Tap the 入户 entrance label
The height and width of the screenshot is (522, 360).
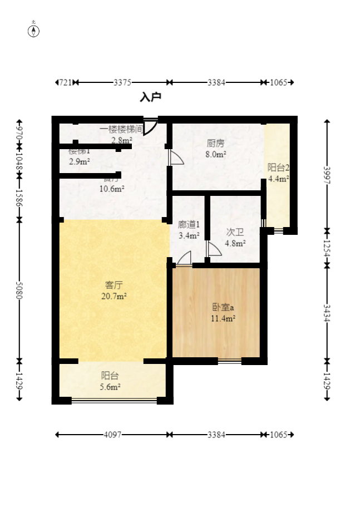click(x=150, y=97)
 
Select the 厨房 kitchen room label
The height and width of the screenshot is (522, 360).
click(x=215, y=143)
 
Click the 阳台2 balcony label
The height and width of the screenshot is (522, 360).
click(x=278, y=168)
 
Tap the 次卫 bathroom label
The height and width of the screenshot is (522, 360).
click(x=235, y=232)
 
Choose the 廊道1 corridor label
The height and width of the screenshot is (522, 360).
click(x=189, y=225)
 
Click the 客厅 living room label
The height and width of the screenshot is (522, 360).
click(x=114, y=285)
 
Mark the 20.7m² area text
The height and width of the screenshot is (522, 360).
click(x=114, y=297)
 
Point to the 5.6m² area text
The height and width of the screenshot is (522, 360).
click(x=111, y=387)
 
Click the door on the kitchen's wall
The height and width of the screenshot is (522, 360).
click(x=176, y=157)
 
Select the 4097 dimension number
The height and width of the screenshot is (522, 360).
click(x=112, y=435)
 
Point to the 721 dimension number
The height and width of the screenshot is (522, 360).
click(x=65, y=82)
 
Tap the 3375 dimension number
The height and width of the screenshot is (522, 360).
click(x=122, y=82)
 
